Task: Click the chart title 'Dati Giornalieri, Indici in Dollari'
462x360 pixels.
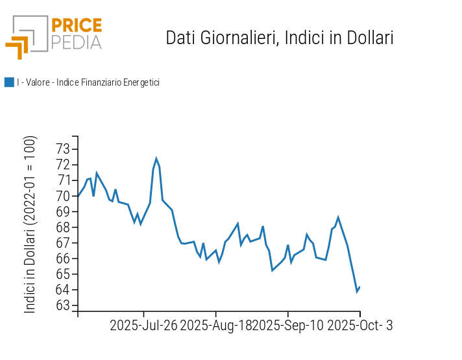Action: click(280, 38)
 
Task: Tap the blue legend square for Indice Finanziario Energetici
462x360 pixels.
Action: click(9, 82)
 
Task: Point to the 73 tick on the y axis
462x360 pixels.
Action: click(62, 149)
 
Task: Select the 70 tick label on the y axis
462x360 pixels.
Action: click(62, 196)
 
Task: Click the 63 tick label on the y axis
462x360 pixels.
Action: click(62, 306)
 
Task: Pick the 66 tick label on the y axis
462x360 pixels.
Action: click(62, 258)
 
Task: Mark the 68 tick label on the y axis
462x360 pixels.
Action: click(62, 227)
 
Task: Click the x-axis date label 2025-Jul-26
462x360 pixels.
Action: click(143, 326)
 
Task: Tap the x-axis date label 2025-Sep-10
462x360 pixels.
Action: click(288, 326)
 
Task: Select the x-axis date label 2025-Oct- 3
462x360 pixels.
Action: click(359, 326)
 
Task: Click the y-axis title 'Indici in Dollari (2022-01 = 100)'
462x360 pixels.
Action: click(30, 224)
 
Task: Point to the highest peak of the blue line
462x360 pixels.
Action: click(156, 158)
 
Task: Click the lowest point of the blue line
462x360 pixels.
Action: click(357, 291)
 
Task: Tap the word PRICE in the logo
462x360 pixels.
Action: click(76, 26)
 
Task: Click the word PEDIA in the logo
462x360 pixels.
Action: click(76, 42)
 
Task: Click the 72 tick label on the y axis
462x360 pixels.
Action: click(62, 164)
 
